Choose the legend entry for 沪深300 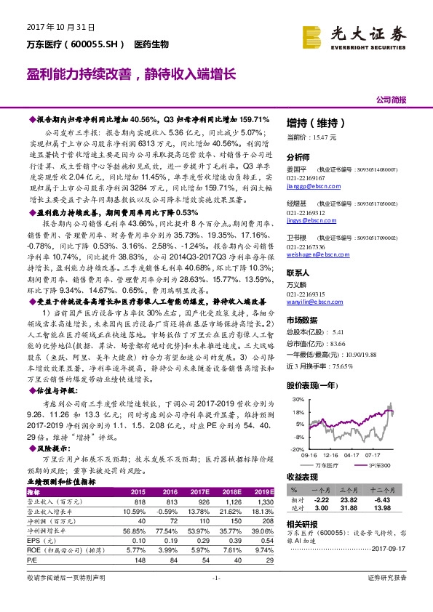(x=376, y=464)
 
